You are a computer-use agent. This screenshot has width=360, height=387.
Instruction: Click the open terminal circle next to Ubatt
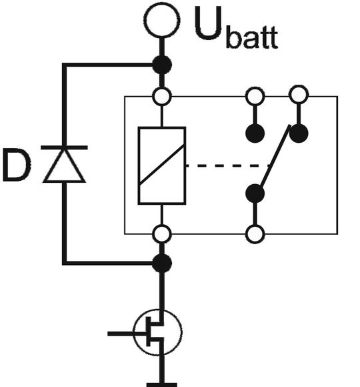click(161, 21)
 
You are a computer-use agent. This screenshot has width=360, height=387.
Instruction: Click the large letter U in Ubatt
click(209, 25)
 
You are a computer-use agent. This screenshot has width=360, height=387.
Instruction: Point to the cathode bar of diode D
click(64, 147)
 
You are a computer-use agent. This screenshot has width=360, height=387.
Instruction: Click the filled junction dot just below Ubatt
click(161, 65)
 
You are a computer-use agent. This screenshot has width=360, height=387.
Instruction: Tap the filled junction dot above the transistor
click(161, 263)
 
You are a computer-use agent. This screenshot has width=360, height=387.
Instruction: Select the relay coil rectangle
click(161, 165)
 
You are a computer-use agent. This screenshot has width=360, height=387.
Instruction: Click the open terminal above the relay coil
click(161, 97)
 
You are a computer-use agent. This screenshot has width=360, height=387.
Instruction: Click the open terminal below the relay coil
click(161, 234)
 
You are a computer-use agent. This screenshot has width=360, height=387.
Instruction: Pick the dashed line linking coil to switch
click(227, 165)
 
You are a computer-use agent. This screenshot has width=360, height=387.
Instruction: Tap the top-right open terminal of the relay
click(298, 95)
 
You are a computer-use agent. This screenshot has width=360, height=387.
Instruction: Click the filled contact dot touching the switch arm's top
click(298, 133)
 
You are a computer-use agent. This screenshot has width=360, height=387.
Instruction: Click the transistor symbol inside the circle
click(157, 332)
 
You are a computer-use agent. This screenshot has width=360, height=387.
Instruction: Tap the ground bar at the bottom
click(161, 384)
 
